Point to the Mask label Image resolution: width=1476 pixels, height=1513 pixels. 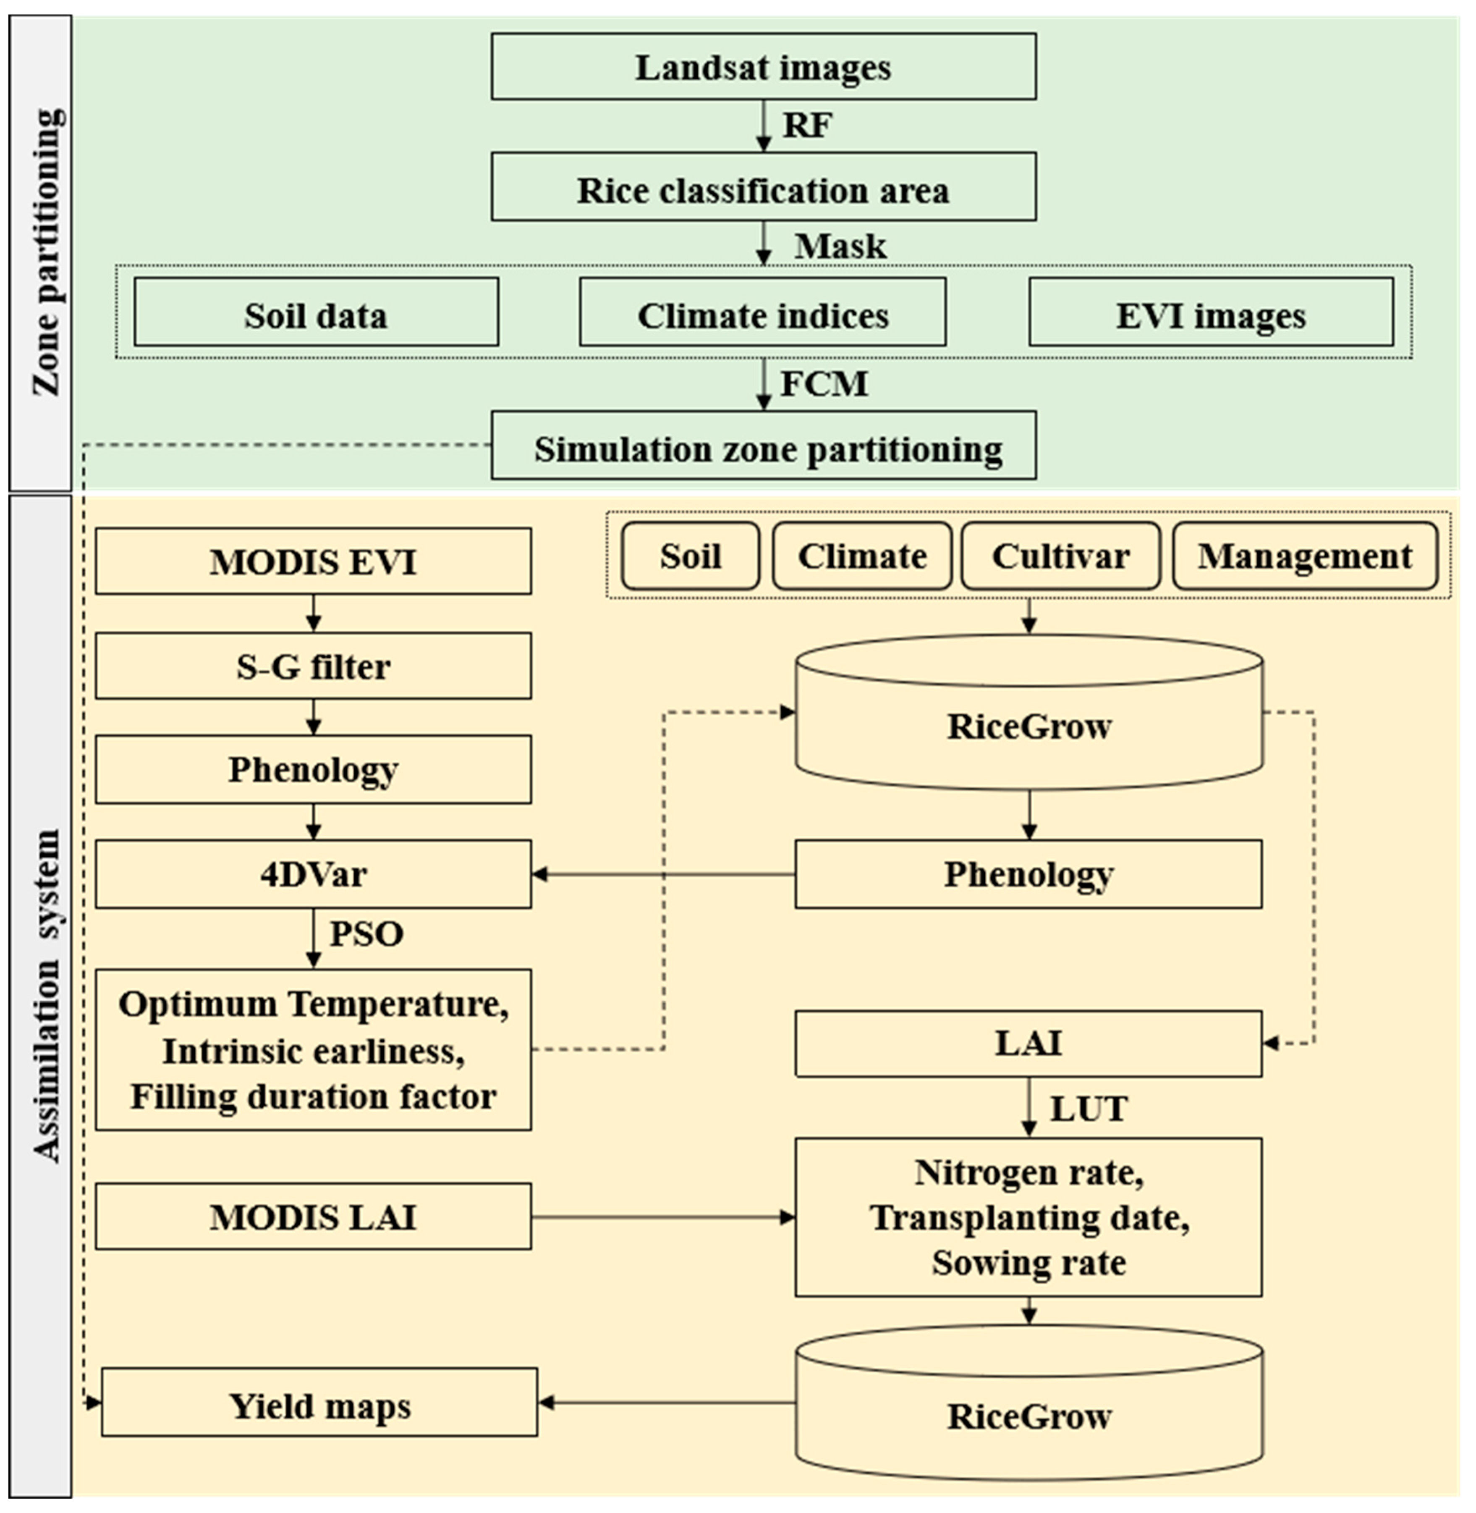(x=840, y=246)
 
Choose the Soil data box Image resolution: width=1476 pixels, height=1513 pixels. (x=316, y=312)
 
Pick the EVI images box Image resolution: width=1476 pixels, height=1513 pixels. (x=1210, y=312)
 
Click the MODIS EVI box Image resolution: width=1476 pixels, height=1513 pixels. (x=313, y=561)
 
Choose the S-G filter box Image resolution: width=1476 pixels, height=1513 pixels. (x=313, y=666)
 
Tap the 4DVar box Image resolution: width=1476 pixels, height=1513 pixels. (x=313, y=874)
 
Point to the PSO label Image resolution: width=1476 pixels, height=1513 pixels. (x=366, y=933)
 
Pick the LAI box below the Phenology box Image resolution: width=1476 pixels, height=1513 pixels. (x=1028, y=1043)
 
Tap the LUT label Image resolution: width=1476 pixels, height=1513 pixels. (x=1089, y=1108)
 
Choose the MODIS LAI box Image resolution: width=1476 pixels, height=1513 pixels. (x=313, y=1217)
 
